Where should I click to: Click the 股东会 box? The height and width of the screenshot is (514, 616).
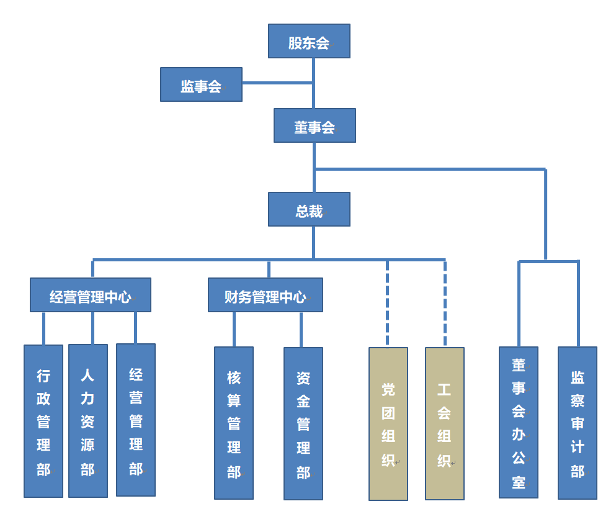coord(309,41)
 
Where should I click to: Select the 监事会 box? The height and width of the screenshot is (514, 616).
coord(201,84)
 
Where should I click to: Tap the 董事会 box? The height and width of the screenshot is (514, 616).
coord(315,125)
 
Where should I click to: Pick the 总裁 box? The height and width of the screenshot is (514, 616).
coord(309,209)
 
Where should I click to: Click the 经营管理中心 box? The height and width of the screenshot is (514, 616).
coord(91,295)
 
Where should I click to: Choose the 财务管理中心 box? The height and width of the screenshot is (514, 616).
coord(265,295)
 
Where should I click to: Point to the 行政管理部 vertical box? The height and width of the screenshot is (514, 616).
coord(43,421)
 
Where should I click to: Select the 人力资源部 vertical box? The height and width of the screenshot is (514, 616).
coord(87,421)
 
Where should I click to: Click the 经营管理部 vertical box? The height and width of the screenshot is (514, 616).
coord(136,420)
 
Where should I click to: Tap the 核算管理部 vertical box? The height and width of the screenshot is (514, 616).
coord(234,423)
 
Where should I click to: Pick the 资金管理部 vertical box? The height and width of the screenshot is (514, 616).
coord(303,423)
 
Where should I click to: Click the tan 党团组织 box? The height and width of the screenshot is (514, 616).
coord(388,423)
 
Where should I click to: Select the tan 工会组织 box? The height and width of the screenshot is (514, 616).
coord(444,423)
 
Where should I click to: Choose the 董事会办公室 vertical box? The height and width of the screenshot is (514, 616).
coord(519,422)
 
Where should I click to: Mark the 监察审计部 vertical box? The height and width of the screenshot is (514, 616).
coord(578,423)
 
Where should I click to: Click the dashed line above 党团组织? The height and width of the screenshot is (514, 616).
coord(388,303)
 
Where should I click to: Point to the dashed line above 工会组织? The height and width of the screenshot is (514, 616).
coord(445,303)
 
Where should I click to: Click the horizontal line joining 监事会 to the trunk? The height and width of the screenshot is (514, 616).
coord(277,83)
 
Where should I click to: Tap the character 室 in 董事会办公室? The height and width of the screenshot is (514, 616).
coord(519,482)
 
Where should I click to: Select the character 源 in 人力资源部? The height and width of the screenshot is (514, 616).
coord(87,446)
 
